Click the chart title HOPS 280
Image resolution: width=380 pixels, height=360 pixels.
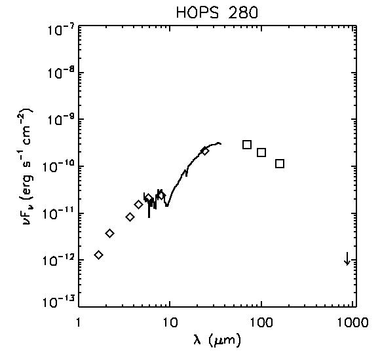point(217,12)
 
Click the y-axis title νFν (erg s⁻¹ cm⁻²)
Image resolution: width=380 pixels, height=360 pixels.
point(28,167)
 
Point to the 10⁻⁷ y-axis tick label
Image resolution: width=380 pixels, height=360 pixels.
point(61,29)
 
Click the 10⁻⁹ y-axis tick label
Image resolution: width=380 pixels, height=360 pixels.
point(61,118)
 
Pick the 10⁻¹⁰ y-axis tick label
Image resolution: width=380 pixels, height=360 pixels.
point(59,166)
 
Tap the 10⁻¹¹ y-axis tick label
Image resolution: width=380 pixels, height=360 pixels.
point(59,213)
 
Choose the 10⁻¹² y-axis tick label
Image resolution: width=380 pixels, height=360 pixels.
point(59,260)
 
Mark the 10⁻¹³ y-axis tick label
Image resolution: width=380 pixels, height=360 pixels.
point(59,302)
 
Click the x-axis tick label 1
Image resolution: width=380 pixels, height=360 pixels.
point(79,322)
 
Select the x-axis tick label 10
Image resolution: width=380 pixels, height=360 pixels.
point(170,322)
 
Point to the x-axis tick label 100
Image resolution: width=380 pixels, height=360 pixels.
point(261,322)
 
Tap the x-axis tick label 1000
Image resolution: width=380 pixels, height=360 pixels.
point(353,322)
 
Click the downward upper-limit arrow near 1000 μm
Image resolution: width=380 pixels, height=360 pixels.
point(347,259)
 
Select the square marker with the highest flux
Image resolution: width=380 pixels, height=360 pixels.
point(247,145)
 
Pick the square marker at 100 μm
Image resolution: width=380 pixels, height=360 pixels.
point(261,153)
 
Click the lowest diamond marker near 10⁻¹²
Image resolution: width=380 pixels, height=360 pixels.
point(98,255)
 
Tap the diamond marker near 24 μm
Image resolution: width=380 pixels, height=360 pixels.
point(205,151)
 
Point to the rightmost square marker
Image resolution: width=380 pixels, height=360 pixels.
point(280,164)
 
